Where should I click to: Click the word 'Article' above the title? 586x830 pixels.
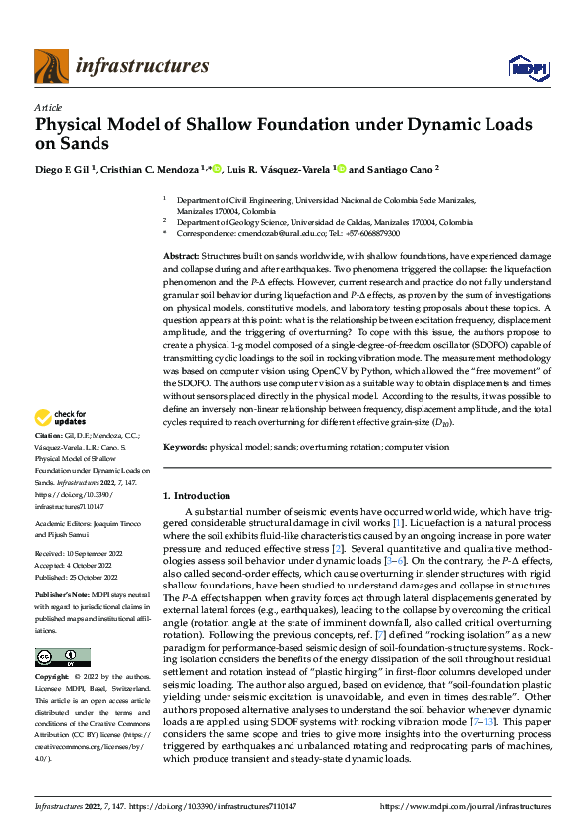click(x=47, y=106)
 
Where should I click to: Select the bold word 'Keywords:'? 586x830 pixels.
click(x=184, y=447)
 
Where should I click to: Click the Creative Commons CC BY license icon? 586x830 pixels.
click(x=62, y=657)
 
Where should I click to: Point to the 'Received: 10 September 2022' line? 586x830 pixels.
click(x=77, y=554)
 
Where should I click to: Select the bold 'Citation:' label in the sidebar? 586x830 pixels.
click(x=49, y=462)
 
